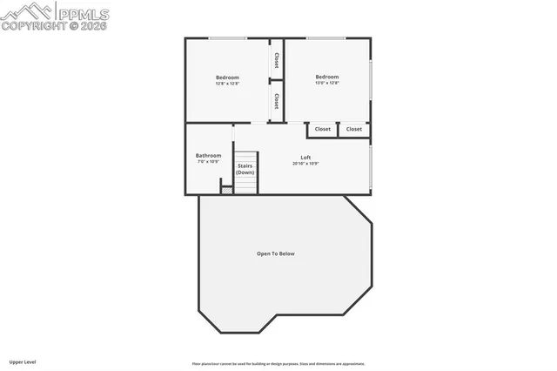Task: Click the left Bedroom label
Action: click(227, 78)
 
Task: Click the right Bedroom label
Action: click(327, 77)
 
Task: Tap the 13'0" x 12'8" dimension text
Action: click(327, 83)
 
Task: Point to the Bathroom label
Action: click(208, 156)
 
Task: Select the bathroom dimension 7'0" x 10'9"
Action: click(208, 162)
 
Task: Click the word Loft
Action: click(306, 157)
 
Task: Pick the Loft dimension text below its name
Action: click(306, 163)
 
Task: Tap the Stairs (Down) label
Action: click(245, 169)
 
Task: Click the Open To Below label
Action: click(275, 253)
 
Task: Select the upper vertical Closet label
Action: click(276, 60)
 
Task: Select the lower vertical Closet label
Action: click(276, 101)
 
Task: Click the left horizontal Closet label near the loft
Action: click(323, 129)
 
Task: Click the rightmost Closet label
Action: click(354, 129)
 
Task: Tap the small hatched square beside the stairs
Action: click(227, 188)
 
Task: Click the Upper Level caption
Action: click(23, 361)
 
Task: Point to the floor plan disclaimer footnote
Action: click(278, 364)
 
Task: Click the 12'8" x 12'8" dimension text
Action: click(227, 84)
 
